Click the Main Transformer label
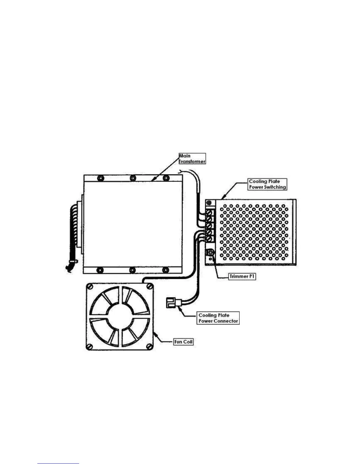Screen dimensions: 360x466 [192, 159]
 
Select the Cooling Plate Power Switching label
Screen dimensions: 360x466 [267, 184]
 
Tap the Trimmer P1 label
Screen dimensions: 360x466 [242, 277]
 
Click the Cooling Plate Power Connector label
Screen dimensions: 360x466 [218, 318]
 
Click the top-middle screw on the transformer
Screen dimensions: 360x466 [133, 178]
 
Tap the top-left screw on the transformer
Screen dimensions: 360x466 [100, 178]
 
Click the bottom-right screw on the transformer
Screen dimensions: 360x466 [166, 270]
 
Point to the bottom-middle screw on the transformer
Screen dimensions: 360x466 [133, 270]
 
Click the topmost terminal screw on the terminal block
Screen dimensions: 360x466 [210, 212]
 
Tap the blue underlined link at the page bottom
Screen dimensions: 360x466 [58, 463]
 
